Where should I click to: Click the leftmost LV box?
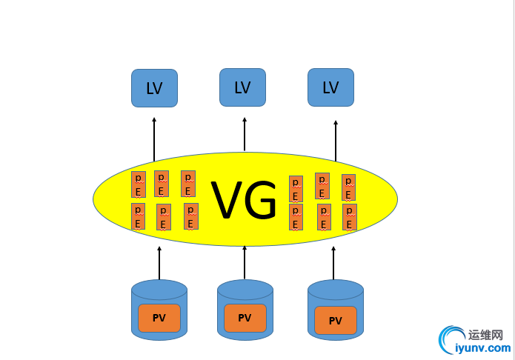(x=154, y=88)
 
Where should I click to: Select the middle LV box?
(x=242, y=87)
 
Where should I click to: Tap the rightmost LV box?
(x=330, y=87)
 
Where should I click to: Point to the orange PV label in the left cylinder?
(x=159, y=318)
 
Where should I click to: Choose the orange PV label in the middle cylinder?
(x=245, y=318)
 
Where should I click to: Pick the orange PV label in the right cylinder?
(x=336, y=321)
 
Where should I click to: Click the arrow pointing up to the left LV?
(x=154, y=139)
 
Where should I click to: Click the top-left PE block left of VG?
(x=138, y=184)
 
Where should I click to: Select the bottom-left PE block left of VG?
(x=138, y=217)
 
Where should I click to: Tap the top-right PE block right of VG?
(x=348, y=187)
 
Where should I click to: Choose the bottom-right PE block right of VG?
(x=350, y=217)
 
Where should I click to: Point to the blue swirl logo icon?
(x=450, y=340)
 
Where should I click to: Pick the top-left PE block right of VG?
(x=296, y=189)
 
